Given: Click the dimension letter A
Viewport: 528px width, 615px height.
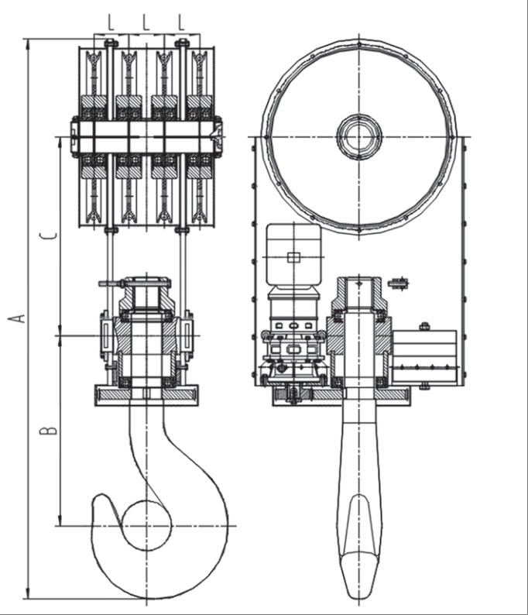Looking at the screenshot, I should [x=21, y=318].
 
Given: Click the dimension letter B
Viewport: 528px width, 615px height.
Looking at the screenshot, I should [x=49, y=428].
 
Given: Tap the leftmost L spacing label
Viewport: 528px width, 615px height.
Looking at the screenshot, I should [x=111, y=23].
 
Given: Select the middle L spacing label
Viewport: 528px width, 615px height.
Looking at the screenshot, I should [x=146, y=23].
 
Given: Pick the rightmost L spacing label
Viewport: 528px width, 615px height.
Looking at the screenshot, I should [x=180, y=23].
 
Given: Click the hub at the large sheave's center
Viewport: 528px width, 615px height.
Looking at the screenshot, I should [x=358, y=137].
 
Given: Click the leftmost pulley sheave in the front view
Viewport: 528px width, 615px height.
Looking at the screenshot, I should [x=93, y=136].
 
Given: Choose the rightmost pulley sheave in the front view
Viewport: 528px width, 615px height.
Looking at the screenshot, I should [x=201, y=136].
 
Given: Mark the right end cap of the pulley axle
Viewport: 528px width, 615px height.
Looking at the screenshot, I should [x=220, y=137].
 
